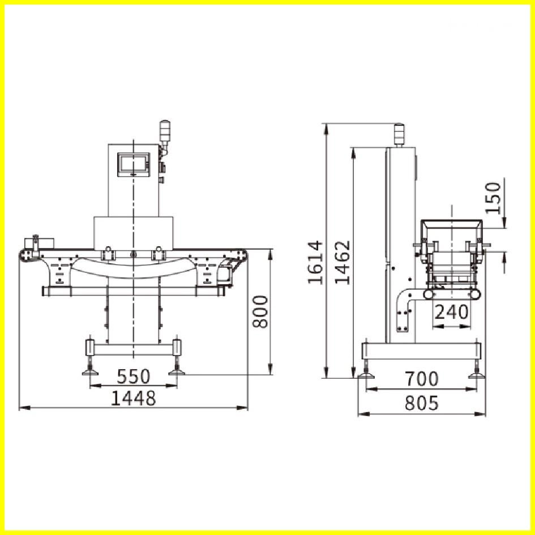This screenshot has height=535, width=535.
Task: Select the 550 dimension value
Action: pyautogui.click(x=133, y=376)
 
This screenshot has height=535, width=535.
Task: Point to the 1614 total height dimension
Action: pyautogui.click(x=315, y=262)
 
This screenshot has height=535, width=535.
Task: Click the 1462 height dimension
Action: pyautogui.click(x=342, y=262)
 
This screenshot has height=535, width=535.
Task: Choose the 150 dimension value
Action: pyautogui.click(x=494, y=197)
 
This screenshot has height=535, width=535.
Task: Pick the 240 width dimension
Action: pyautogui.click(x=451, y=311)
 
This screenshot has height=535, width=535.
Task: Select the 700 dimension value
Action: pyautogui.click(x=421, y=378)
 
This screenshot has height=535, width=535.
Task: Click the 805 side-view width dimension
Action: pyautogui.click(x=421, y=403)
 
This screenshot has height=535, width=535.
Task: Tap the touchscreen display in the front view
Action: pyautogui.click(x=134, y=163)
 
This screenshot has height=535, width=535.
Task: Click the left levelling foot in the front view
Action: pyautogui.click(x=90, y=371)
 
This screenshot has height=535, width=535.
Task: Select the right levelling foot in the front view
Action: pyautogui.click(x=177, y=371)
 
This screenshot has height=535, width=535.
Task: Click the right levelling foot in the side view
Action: pyautogui.click(x=477, y=373)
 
